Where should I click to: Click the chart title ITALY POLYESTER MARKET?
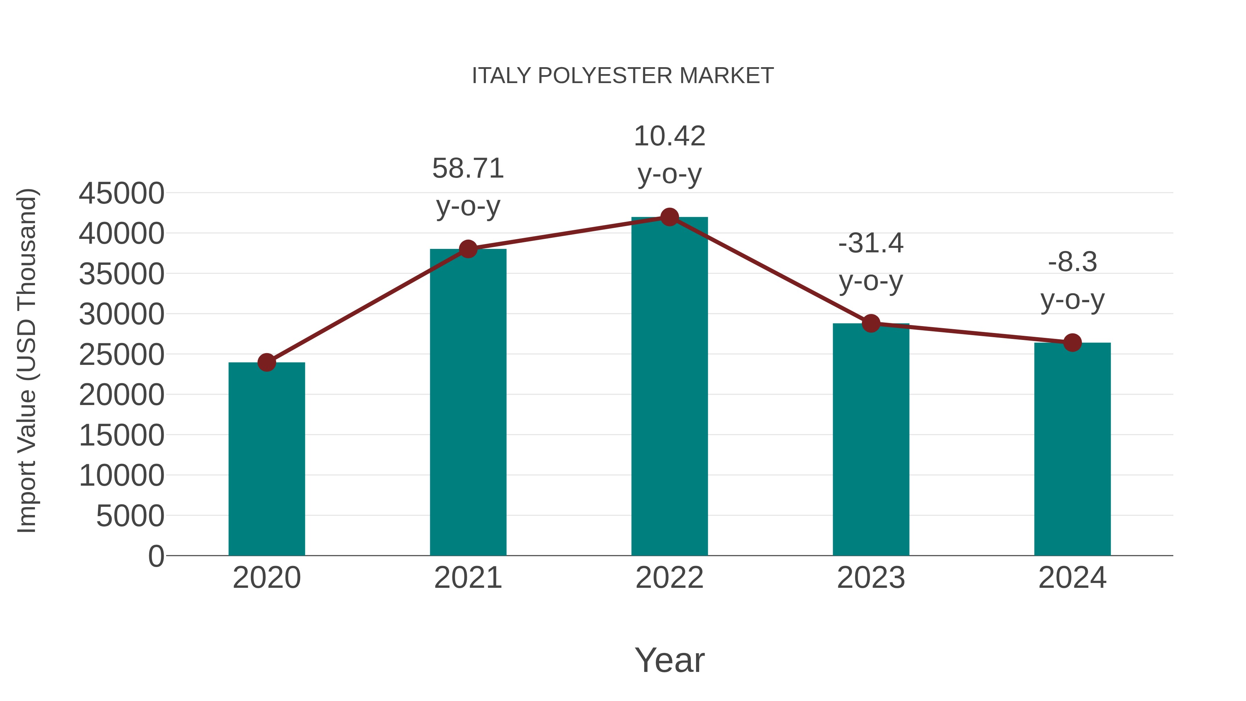(x=623, y=76)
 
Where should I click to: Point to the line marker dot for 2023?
(x=871, y=323)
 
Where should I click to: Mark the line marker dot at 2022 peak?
(x=669, y=217)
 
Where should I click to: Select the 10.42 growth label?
(x=669, y=136)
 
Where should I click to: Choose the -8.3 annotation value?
(x=1072, y=262)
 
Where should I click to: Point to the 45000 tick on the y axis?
(x=121, y=194)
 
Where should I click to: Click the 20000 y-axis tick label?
(x=121, y=395)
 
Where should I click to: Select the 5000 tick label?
(x=130, y=516)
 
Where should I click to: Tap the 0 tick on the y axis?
(x=156, y=556)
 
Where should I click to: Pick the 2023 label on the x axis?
(x=871, y=578)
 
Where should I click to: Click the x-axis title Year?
(x=669, y=660)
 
